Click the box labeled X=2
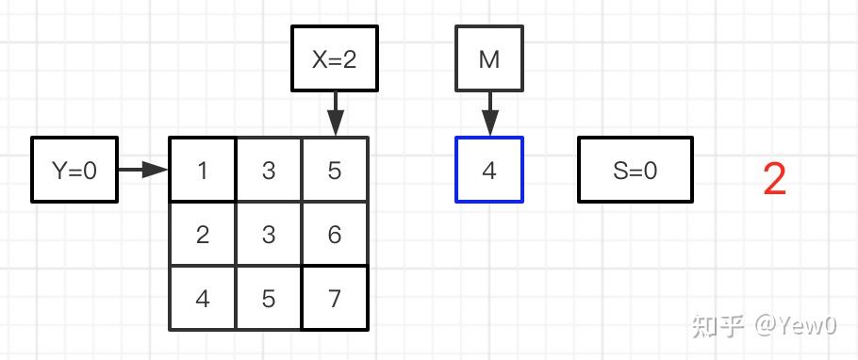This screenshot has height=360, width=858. pos(335,58)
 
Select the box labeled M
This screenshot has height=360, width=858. pos(489,58)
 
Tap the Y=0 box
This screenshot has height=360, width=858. pos(74,170)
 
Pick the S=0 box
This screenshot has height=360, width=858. pos(635,170)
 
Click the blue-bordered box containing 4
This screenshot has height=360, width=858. pos(489,170)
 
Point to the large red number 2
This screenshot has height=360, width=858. pos(775,179)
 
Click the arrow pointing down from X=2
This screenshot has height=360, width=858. pos(335,114)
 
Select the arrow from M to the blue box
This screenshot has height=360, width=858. pos(489,114)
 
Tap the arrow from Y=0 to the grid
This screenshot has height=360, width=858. pos(143,170)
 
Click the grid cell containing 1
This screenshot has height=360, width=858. pos(203,170)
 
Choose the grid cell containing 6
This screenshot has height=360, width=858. pos(335,234)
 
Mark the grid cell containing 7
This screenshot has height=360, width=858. pos(335,298)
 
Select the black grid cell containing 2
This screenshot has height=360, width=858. pos(203,234)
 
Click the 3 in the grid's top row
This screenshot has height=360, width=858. pos(268,170)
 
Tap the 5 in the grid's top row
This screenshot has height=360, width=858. pos(335,170)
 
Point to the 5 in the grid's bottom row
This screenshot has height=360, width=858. pos(268,298)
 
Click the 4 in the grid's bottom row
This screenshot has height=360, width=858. pos(203,298)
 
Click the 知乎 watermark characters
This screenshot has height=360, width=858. pos(718,326)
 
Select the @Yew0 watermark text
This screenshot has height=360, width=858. pos(796,326)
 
